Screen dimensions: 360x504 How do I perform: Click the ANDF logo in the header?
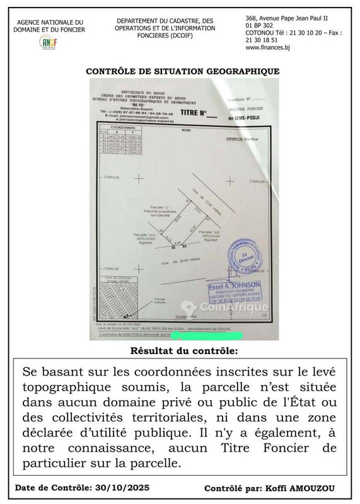pos(49,42)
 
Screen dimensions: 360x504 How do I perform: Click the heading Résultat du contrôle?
pos(183,350)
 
